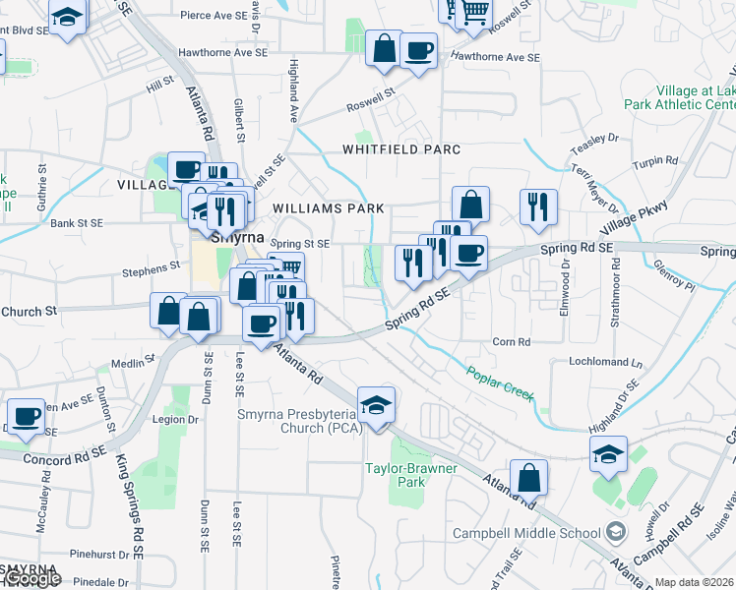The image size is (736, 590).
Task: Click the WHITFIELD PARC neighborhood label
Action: coord(401,149)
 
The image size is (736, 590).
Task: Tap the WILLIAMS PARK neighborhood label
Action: coord(328,209)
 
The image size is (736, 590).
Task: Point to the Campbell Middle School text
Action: coord(526,533)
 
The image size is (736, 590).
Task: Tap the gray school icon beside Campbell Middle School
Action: coord(616,532)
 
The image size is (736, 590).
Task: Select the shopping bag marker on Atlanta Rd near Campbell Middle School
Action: coord(529,478)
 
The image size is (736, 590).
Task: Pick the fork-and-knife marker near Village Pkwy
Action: coord(537,206)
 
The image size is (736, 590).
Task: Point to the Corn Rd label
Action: coord(512,342)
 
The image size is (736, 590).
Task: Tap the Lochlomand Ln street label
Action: coord(605,362)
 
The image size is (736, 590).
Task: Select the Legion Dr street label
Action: coord(176,420)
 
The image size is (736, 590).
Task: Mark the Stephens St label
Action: coord(151,266)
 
